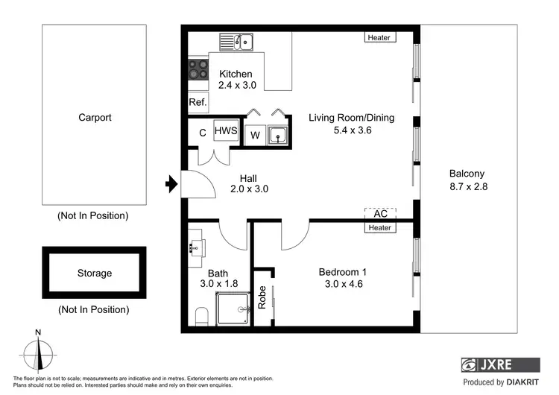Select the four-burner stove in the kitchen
(x=198, y=71)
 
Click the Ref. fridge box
(x=198, y=103)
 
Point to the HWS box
(x=226, y=132)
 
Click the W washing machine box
(x=255, y=136)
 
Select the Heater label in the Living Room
(x=380, y=37)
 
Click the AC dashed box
(x=380, y=213)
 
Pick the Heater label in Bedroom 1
(x=380, y=227)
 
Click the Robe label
(x=262, y=298)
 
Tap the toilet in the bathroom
(x=200, y=317)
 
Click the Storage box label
(x=95, y=274)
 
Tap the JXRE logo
(x=499, y=365)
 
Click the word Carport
(x=95, y=117)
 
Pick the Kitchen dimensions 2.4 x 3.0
(x=236, y=86)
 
